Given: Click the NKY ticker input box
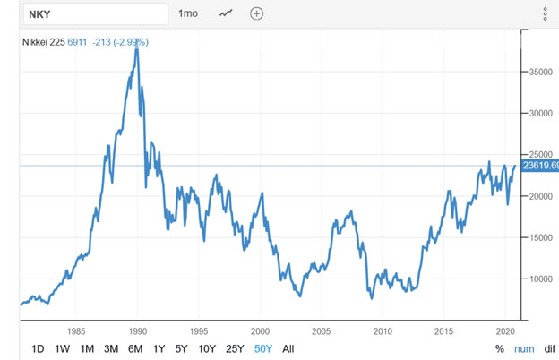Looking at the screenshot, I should tap(85, 13).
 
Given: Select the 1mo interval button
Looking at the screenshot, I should tap(188, 13).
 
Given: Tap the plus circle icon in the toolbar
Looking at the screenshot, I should tap(257, 13).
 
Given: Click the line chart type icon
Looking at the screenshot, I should tap(225, 13).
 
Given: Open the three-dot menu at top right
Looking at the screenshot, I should tap(545, 13).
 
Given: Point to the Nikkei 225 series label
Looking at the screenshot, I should tap(43, 42).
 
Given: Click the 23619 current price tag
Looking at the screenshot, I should tap(541, 166).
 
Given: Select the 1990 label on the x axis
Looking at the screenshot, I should tap(138, 329).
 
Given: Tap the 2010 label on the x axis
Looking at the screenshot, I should tap(383, 329).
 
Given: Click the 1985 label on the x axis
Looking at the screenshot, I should tap(76, 329).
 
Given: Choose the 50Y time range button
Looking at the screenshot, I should tap(263, 348).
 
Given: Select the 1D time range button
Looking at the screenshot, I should tap(38, 348).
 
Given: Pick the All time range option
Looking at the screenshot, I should tap(288, 348).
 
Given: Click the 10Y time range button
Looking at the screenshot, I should tap(207, 348).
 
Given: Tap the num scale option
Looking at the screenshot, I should tap(525, 348).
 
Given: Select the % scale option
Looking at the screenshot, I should tap(500, 348).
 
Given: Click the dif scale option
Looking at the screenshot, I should tap(549, 348).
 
